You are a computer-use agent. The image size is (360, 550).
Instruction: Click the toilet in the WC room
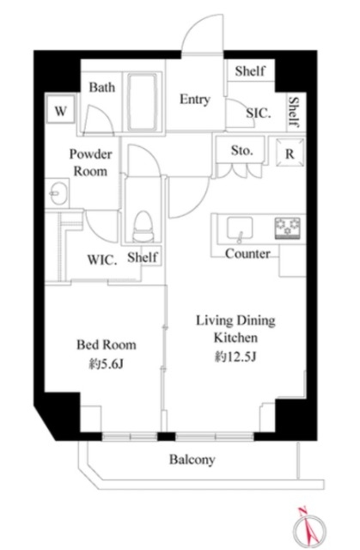pos(143,226)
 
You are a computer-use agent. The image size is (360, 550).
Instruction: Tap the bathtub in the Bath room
pos(142,102)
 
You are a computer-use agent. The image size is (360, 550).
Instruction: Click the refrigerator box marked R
pos(290,153)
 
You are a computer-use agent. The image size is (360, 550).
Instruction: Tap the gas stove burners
pos(288,228)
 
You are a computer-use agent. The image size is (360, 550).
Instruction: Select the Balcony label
pos(192,460)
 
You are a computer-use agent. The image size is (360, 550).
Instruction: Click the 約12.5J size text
pos(235,357)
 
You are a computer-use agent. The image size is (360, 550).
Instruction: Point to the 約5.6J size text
pos(106,364)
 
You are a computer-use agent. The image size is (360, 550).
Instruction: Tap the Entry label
pos(195,100)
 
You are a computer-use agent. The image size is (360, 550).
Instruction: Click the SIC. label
pos(259,113)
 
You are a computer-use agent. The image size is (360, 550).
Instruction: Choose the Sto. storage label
pos(242,150)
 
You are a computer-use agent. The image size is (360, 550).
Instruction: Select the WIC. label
pos(102,260)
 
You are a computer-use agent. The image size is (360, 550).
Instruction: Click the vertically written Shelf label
pos(294,112)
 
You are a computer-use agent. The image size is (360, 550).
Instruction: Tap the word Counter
pos(247,254)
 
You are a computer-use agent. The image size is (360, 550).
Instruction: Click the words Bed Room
pos(107,345)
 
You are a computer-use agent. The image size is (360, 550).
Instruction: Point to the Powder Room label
pos(91,162)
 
